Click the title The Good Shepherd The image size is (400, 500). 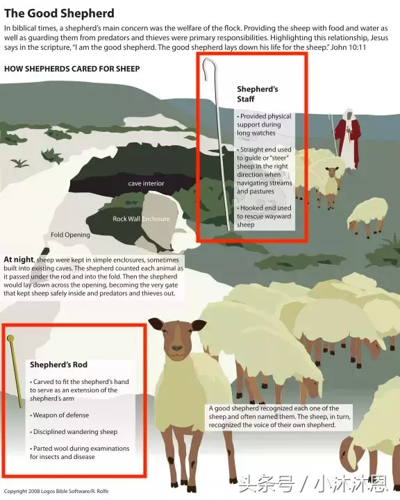coord(59,13)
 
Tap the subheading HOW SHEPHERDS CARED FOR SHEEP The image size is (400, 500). coord(72,69)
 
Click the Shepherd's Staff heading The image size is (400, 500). coord(258,94)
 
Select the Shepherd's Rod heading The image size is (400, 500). coord(59,365)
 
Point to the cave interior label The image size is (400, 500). coord(146,183)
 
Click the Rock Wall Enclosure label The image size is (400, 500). coord(141,219)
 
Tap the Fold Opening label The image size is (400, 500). coord(70,235)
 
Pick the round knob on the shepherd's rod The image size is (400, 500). coord(10,338)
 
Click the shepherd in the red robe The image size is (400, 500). coord(349,139)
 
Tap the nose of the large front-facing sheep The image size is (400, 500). coord(177,348)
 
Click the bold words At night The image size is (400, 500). coord(19,260)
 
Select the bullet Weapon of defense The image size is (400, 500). coord(59,415)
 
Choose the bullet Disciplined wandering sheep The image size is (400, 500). coord(74,432)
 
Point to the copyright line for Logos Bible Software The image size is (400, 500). coord(56,491)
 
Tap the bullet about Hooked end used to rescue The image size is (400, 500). coord(264,216)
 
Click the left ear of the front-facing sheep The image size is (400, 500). coord(156,324)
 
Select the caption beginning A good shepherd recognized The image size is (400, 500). coord(279,417)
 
